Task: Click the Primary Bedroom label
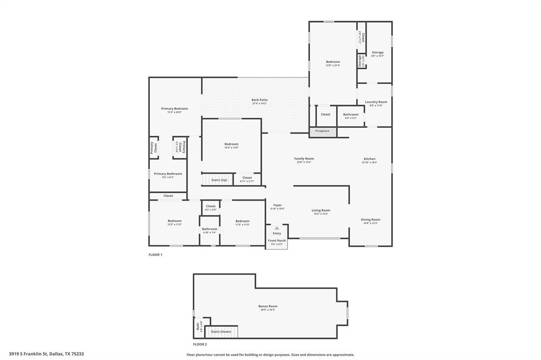click(x=174, y=108)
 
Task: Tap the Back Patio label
click(x=259, y=100)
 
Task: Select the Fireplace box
click(x=322, y=131)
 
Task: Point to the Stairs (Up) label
click(x=219, y=180)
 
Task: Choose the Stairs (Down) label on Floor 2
click(x=221, y=331)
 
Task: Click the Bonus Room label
click(x=268, y=306)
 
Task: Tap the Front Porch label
click(x=276, y=241)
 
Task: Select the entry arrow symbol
click(x=276, y=228)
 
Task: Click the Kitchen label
click(x=369, y=159)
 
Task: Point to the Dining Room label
click(x=370, y=220)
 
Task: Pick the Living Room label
click(x=321, y=210)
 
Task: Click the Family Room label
click(x=304, y=158)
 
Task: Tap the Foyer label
click(x=277, y=205)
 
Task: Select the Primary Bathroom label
click(x=168, y=174)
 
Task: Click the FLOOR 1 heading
click(x=155, y=255)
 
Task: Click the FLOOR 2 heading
click(x=200, y=344)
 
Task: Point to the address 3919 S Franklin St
click(x=46, y=354)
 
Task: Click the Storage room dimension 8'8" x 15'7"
click(x=377, y=56)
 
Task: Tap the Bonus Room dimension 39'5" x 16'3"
click(x=268, y=310)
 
